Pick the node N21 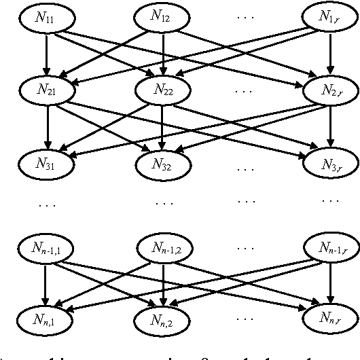pyautogui.click(x=46, y=89)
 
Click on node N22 pyautogui.click(x=163, y=89)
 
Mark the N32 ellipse pyautogui.click(x=163, y=163)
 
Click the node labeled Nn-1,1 pyautogui.click(x=46, y=249)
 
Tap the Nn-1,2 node pyautogui.click(x=163, y=249)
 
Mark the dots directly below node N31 pyautogui.click(x=48, y=202)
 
